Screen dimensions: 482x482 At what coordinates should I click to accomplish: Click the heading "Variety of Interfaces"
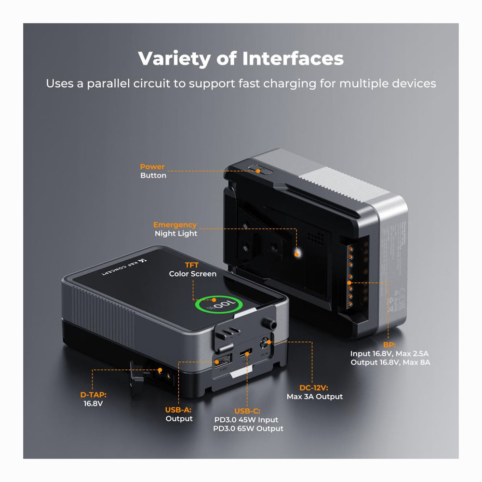coord(241,59)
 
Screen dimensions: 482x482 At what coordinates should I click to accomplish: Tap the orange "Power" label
coord(152,167)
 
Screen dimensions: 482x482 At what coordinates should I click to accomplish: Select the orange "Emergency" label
coord(175,225)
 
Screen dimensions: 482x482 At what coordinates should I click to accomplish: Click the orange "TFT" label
coord(192,265)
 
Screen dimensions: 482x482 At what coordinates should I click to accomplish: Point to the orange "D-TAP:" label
coord(93,395)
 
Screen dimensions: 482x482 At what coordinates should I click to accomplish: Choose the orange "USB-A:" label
coord(179,410)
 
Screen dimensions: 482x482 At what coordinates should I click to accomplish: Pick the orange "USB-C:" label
coord(247,411)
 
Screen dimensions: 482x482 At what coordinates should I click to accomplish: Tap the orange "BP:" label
coord(390,345)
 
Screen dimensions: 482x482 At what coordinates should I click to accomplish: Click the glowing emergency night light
coord(297,252)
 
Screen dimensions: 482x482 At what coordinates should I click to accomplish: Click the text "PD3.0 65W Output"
coord(249,428)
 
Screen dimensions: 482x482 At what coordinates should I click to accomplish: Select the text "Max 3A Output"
coord(315,396)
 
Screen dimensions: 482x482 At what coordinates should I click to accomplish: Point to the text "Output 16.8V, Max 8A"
coord(390,362)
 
